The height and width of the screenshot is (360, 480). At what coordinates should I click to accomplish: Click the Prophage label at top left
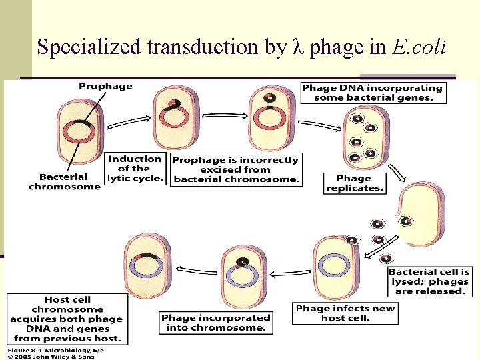(105, 86)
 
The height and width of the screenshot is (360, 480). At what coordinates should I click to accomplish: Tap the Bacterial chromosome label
(64, 181)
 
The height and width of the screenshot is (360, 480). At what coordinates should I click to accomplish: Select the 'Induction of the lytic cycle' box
(135, 169)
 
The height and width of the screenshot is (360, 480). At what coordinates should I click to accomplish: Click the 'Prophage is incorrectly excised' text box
(236, 170)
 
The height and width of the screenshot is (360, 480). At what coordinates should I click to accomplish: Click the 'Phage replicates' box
(353, 183)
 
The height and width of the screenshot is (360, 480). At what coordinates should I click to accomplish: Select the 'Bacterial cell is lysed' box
(429, 281)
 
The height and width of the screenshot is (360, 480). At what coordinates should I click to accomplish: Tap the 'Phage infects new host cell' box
(345, 313)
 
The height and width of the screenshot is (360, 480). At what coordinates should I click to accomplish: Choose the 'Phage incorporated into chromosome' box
(216, 323)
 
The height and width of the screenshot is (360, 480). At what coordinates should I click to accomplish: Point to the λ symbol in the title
(299, 47)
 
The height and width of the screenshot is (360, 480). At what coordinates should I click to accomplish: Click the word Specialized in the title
(89, 47)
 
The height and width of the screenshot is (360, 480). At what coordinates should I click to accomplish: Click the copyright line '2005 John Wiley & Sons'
(51, 356)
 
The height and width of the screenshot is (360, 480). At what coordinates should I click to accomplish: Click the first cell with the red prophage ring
(80, 132)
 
